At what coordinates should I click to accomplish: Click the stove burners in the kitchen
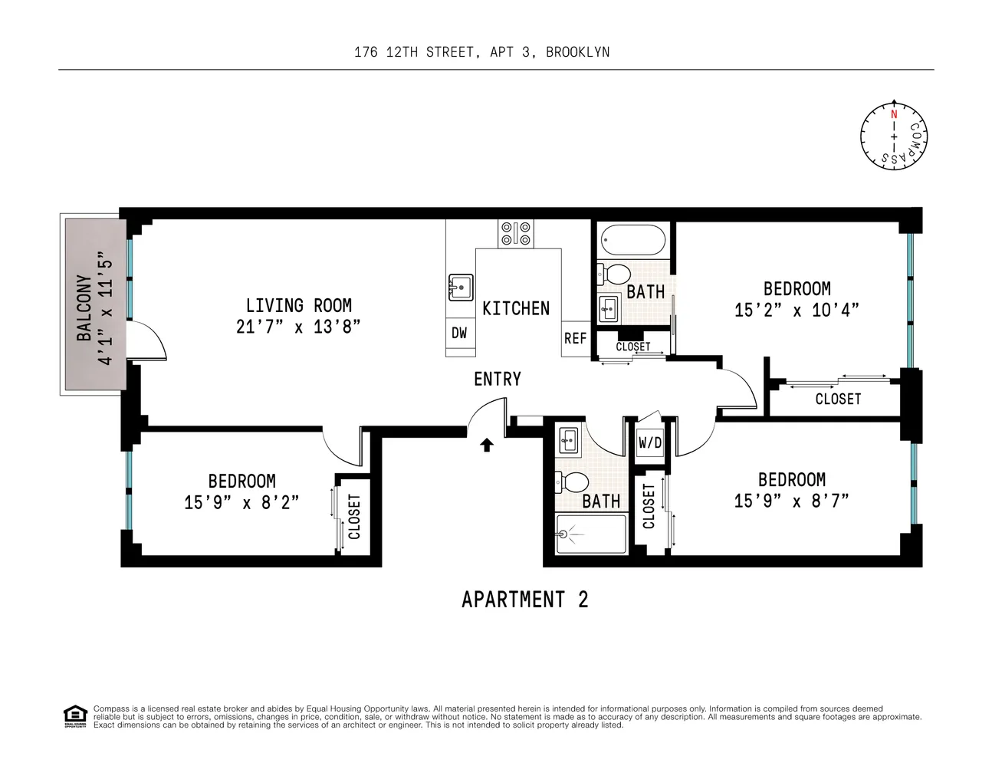[x=516, y=233]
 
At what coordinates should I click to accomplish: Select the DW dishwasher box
[x=459, y=334]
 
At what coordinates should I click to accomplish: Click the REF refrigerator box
[x=575, y=338]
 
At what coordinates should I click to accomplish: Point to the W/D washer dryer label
[x=650, y=442]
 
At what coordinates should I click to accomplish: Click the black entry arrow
[x=487, y=445]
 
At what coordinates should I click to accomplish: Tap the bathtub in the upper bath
[x=633, y=240]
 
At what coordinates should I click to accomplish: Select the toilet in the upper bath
[x=613, y=274]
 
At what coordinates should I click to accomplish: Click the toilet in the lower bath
[x=573, y=482]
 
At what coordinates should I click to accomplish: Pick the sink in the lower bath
[x=569, y=439]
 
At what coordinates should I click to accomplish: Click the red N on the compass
[x=894, y=114]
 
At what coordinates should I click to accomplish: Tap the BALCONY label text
[x=84, y=308]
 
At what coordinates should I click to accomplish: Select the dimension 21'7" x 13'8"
[x=298, y=327]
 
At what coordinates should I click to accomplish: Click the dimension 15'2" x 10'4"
[x=797, y=311]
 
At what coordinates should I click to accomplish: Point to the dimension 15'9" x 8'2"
[x=241, y=502]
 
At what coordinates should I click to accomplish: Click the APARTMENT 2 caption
[x=524, y=599]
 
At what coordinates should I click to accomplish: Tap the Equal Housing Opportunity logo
[x=74, y=716]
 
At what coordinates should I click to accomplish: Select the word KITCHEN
[x=516, y=308]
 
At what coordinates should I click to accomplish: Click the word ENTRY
[x=497, y=379]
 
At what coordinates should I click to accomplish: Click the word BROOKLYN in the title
[x=578, y=52]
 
